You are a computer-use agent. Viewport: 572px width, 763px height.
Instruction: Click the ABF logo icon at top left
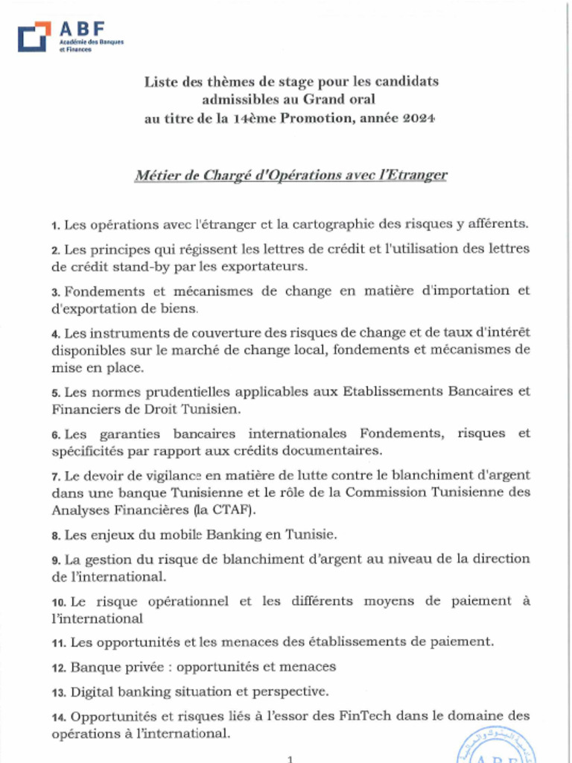click(34, 37)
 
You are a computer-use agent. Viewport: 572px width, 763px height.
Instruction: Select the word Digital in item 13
click(95, 691)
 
